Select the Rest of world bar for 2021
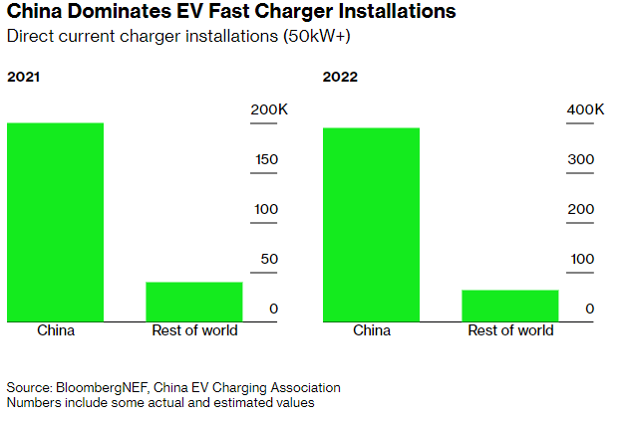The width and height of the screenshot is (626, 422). (x=193, y=302)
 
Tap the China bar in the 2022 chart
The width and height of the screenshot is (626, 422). (x=371, y=224)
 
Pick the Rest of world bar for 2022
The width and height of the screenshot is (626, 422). (x=509, y=306)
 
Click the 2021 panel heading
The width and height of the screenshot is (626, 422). (x=25, y=76)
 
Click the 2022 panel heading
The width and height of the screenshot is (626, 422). (x=340, y=76)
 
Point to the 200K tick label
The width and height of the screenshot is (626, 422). (x=267, y=109)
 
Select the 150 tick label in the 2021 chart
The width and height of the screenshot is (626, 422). (x=266, y=159)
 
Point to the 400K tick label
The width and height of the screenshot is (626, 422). (x=584, y=109)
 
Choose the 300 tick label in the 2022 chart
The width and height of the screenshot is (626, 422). (x=582, y=159)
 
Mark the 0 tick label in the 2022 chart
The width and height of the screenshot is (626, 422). (x=590, y=309)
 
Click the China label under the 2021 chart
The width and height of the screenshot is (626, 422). (x=55, y=330)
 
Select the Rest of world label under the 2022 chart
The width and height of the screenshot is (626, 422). (x=509, y=330)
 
